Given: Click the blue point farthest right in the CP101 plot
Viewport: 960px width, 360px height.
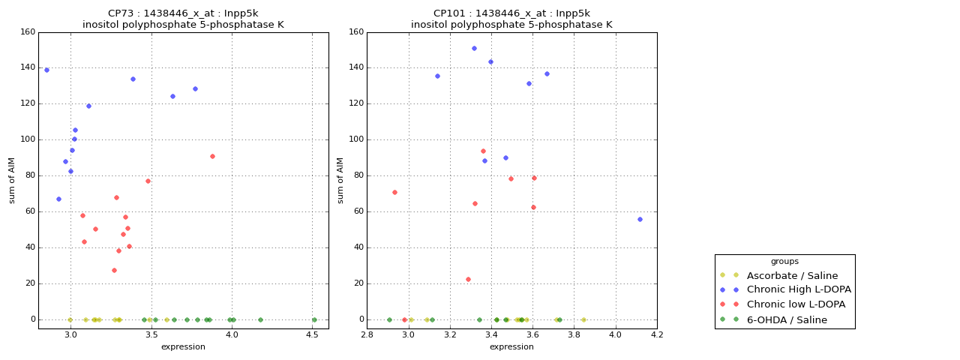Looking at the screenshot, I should (640, 219).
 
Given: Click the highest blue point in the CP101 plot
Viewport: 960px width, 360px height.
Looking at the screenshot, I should (474, 48).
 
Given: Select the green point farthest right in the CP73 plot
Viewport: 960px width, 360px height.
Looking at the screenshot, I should (314, 319).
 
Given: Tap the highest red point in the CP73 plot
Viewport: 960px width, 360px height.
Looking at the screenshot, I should (212, 156).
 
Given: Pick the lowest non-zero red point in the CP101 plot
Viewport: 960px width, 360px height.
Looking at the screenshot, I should (468, 279).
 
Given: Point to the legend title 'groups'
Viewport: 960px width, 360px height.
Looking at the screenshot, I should (784, 262).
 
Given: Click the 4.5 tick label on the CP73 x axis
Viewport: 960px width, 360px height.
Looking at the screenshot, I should (312, 335).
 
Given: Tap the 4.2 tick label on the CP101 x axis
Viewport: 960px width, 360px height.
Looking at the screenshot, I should (657, 335).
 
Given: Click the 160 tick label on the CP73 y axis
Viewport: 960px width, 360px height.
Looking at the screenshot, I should (27, 32).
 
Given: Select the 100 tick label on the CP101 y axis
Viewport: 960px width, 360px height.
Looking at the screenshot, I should (355, 139).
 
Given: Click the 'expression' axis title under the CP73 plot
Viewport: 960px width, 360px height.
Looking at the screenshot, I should (183, 346).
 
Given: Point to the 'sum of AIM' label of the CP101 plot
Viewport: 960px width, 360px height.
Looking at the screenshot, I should (340, 180).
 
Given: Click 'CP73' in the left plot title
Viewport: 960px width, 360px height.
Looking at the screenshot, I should (122, 13).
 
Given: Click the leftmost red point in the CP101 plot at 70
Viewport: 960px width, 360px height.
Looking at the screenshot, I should (394, 192).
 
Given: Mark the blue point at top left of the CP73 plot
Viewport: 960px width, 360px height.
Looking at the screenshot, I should (46, 70).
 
